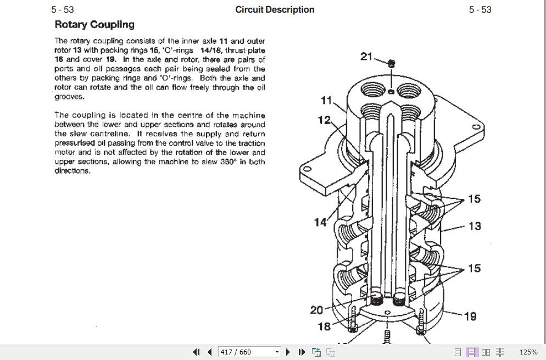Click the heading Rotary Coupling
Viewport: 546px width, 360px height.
94,24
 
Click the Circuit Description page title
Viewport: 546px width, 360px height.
275,9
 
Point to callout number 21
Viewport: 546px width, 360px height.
366,56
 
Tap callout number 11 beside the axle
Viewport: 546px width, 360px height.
326,101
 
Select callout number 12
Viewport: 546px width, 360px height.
324,120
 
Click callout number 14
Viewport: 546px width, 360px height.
320,222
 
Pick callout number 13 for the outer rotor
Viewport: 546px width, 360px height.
475,226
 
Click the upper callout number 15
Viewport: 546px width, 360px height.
474,199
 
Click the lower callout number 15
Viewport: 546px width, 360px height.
474,268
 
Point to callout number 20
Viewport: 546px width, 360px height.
316,310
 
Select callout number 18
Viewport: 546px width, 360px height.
324,326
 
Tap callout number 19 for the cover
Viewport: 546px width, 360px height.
470,316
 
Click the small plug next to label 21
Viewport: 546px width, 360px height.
392,63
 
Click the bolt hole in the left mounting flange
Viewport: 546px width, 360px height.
307,169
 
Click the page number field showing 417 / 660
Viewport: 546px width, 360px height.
249,352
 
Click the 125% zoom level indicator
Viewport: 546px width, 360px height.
528,352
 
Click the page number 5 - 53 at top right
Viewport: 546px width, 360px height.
480,9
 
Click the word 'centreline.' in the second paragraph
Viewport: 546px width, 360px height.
110,134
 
